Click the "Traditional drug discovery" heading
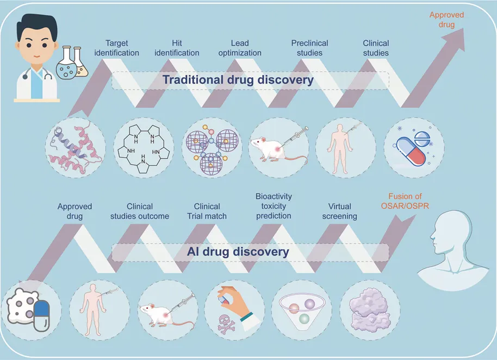click(238, 80)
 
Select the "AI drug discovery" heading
click(238, 252)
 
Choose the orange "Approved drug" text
click(446, 20)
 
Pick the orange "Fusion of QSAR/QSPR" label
click(405, 201)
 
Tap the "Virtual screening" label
click(339, 211)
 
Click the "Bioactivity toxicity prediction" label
click(274, 206)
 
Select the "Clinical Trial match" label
click(207, 211)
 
